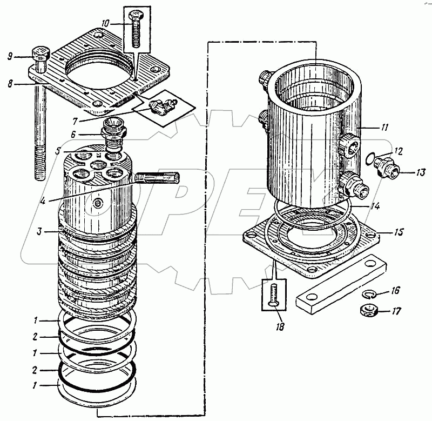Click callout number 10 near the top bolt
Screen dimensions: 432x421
tap(105, 24)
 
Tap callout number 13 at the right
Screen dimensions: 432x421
tap(421, 173)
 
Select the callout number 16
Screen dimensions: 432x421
tap(395, 291)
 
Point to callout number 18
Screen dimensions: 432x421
tap(279, 326)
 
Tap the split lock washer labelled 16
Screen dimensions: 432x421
tap(369, 294)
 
